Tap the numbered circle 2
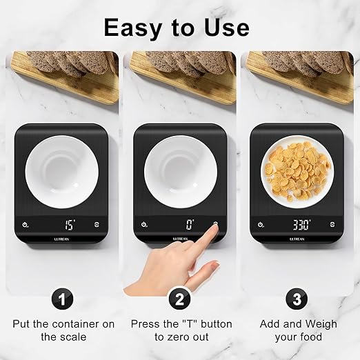[x=179, y=299]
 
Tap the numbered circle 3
[x=298, y=299]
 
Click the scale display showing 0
[x=188, y=223]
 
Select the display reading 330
[x=301, y=223]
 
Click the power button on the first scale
[x=25, y=224]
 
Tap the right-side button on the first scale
[x=96, y=224]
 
